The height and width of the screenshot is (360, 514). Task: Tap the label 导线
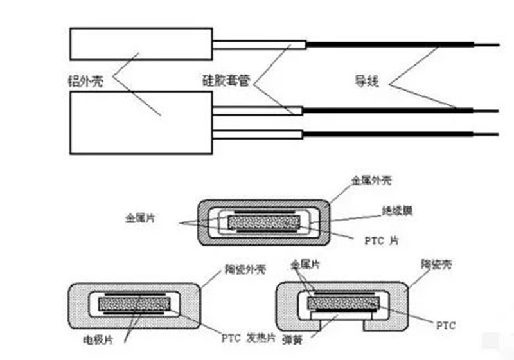[368, 81]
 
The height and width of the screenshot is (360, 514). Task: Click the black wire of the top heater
[398, 44]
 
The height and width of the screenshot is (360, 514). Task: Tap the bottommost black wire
[398, 133]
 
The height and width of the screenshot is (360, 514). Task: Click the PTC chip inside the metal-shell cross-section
[264, 223]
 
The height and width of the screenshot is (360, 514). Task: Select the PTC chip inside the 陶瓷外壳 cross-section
[134, 303]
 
